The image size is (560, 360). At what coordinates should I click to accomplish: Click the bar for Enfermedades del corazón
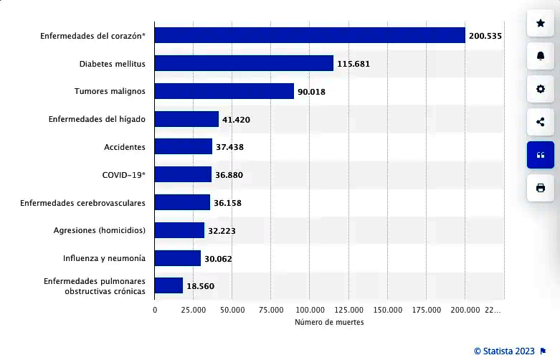coord(310,35)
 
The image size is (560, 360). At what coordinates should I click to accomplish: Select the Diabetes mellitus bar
coord(244,63)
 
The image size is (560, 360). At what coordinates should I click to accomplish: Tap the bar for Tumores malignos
coord(224,91)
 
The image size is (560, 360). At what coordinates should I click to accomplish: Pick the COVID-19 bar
coord(183,174)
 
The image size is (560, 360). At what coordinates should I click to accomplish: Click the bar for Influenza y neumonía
coord(178,258)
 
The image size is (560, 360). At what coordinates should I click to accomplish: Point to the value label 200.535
coord(486,35)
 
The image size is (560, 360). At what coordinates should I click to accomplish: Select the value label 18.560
coord(200,286)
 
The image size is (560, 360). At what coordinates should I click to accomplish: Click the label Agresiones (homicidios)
coord(100,230)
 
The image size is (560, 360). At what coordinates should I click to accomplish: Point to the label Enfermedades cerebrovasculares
coord(83,203)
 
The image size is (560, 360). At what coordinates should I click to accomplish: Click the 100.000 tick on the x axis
coord(309,309)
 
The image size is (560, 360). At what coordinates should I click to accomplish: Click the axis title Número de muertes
coord(329,323)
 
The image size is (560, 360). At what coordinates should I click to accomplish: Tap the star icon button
coord(540,24)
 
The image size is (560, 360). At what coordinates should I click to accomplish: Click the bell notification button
coord(540,56)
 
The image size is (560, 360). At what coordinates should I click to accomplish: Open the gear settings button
coord(540,89)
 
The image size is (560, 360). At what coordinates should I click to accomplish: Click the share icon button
coord(540,122)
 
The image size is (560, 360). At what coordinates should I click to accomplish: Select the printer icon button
coord(540,188)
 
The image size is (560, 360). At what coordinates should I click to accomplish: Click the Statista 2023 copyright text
coord(504,351)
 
